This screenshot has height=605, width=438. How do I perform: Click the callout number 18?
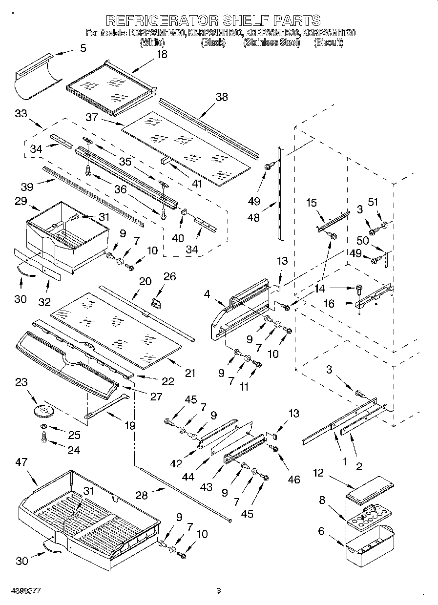pos(161,54)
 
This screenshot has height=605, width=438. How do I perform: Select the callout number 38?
pos(221,97)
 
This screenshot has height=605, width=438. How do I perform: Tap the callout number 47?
pos(21,462)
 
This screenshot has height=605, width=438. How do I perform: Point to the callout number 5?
pos(83,48)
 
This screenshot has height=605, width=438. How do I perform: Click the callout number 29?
pos(21,201)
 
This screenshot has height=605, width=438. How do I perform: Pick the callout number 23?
pos(21,382)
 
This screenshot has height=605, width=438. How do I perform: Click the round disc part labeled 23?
pos(45,411)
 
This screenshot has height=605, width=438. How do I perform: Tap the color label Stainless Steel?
pos(271,42)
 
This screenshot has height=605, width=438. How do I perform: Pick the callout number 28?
pos(142,495)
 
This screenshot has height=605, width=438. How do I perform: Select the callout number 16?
pos(329,304)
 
